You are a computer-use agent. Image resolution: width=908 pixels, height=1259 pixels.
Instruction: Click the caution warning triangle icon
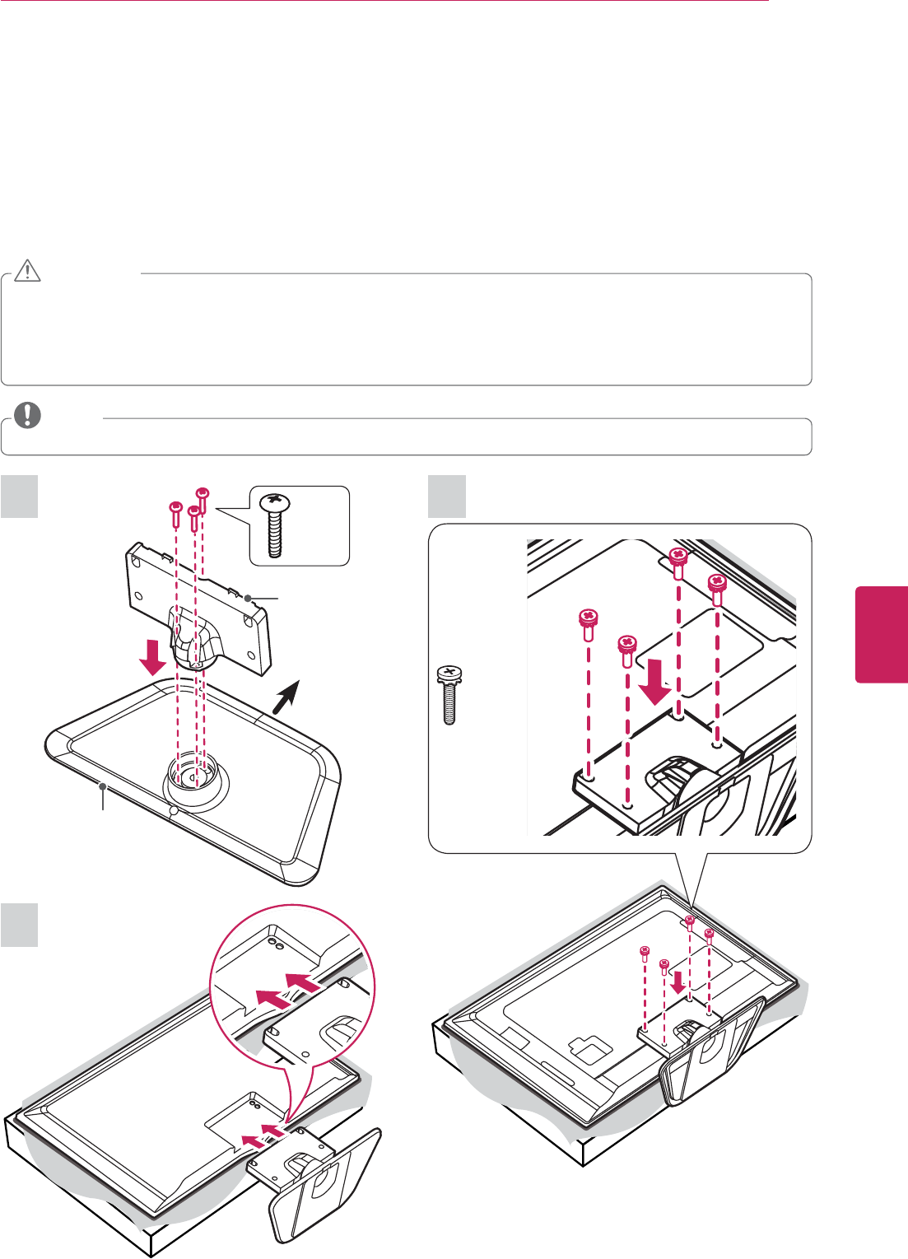coord(27,272)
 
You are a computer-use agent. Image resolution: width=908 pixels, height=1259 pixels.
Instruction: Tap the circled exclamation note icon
coord(27,415)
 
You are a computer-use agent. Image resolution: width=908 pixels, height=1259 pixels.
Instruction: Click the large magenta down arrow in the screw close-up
coord(656,679)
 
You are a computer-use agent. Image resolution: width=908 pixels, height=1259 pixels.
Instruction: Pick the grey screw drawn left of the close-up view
coord(449,693)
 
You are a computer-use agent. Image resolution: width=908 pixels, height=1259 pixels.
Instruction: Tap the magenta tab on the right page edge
coord(882,634)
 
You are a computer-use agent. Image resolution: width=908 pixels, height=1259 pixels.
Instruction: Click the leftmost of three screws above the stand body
coord(175,514)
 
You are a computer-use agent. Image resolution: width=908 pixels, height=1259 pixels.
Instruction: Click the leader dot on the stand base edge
coord(103,787)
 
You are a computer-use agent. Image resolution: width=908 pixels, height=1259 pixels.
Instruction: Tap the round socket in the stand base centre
coord(192,775)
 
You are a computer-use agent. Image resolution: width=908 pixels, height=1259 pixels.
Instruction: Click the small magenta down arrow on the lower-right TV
coord(678,979)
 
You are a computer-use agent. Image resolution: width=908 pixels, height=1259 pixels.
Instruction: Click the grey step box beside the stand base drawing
coord(19,497)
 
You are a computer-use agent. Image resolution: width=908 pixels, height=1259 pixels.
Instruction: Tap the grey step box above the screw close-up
coord(448,497)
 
